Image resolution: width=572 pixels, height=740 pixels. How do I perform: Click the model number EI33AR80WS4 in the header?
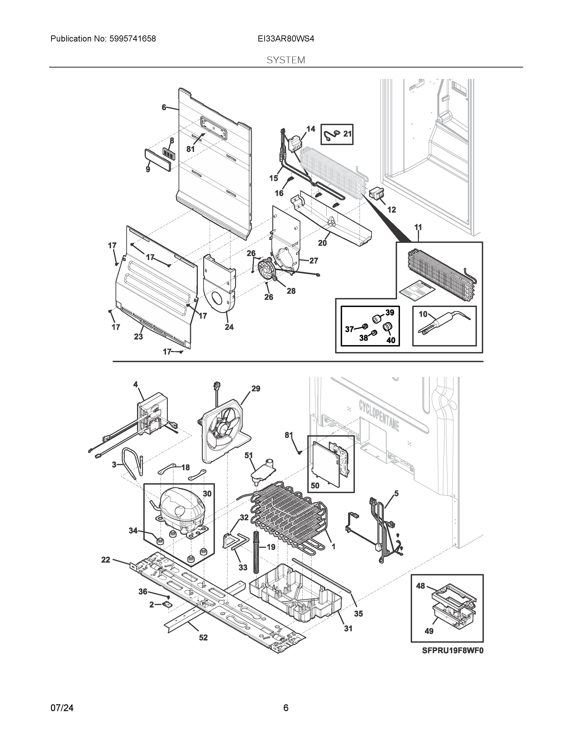click(286, 39)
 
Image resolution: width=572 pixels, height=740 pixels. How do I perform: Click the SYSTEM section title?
click(286, 60)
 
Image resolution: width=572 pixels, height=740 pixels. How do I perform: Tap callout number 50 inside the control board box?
click(315, 485)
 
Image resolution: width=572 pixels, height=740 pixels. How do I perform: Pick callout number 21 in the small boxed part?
click(347, 134)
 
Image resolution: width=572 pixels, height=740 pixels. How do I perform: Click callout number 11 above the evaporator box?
click(418, 227)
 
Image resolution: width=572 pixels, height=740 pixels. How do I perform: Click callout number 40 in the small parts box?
click(391, 340)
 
